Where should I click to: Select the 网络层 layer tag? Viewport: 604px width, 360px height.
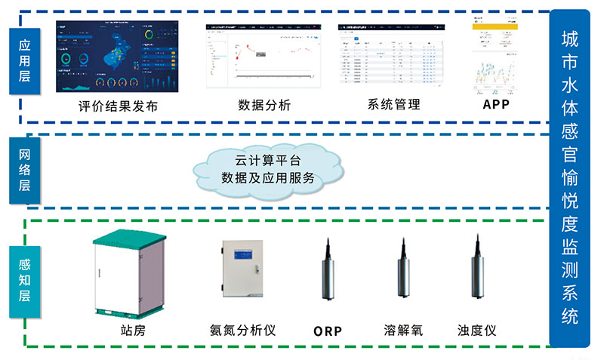tap(24, 171)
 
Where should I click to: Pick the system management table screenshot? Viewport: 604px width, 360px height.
tap(392, 55)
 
